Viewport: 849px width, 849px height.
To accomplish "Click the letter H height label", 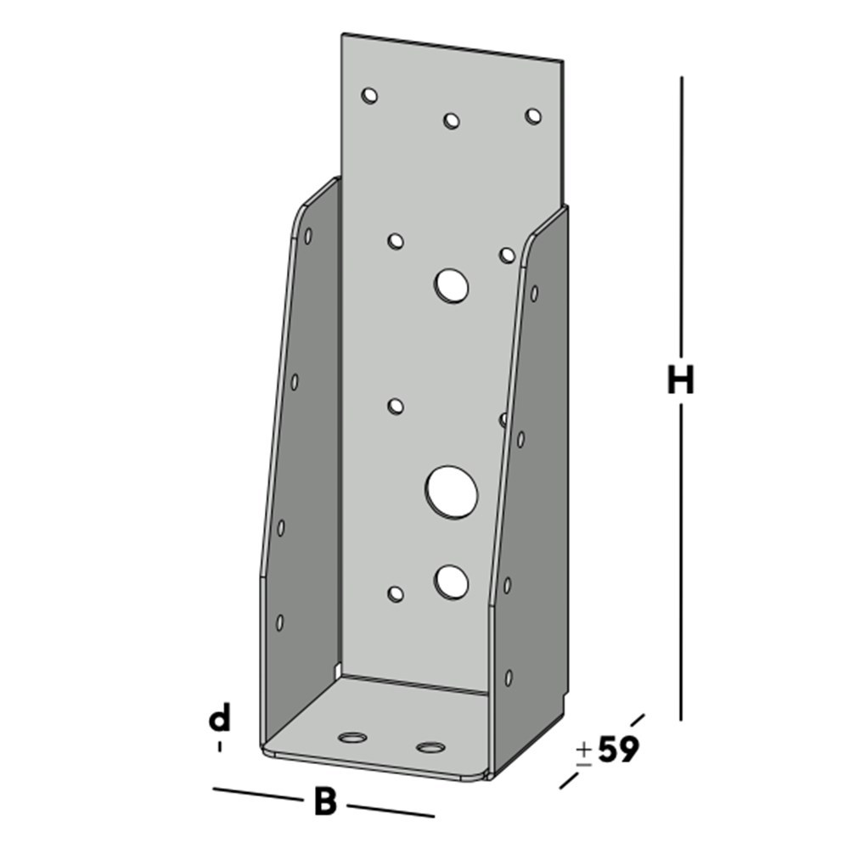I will (680, 380).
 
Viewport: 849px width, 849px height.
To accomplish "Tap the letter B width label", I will (324, 801).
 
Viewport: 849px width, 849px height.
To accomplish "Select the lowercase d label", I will (220, 719).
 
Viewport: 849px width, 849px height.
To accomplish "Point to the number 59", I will (617, 750).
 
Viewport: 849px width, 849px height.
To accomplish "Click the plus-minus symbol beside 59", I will (584, 753).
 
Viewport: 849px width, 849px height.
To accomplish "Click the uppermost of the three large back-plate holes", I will (452, 285).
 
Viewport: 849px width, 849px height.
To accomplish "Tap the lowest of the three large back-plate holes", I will (452, 581).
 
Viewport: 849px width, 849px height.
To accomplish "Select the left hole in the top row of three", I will (369, 95).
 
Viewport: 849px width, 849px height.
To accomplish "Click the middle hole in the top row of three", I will (452, 121).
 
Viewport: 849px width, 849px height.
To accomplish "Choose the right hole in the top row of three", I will (533, 115).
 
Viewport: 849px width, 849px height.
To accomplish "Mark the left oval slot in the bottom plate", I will (351, 736).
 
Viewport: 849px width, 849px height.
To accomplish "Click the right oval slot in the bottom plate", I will (430, 747).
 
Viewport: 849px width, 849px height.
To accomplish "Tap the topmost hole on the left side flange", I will (308, 235).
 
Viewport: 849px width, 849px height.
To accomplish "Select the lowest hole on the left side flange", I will (280, 622).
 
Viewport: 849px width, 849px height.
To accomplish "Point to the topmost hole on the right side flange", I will (534, 294).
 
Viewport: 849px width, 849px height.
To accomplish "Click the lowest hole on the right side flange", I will (509, 677).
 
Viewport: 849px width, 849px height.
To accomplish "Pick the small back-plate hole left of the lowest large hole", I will (395, 593).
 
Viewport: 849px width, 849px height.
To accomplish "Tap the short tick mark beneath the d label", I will (220, 746).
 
